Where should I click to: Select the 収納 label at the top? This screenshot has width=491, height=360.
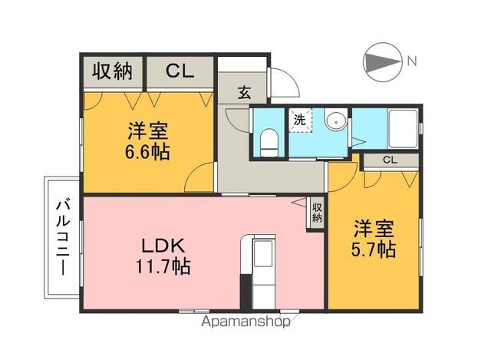tap(113, 71)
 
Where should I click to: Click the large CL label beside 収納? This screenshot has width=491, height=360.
tap(180, 71)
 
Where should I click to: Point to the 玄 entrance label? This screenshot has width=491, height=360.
tap(243, 93)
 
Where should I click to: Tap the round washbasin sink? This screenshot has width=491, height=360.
tap(334, 122)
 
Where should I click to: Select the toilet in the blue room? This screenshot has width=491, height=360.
tap(269, 140)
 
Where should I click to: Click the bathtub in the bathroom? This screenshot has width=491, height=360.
tap(404, 130)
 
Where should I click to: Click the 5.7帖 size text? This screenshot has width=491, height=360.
tap(374, 250)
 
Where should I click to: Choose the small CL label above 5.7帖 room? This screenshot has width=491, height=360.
tap(390, 160)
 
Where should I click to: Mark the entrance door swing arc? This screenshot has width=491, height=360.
tap(281, 80)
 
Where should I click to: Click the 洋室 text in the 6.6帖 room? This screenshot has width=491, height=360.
tap(149, 130)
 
